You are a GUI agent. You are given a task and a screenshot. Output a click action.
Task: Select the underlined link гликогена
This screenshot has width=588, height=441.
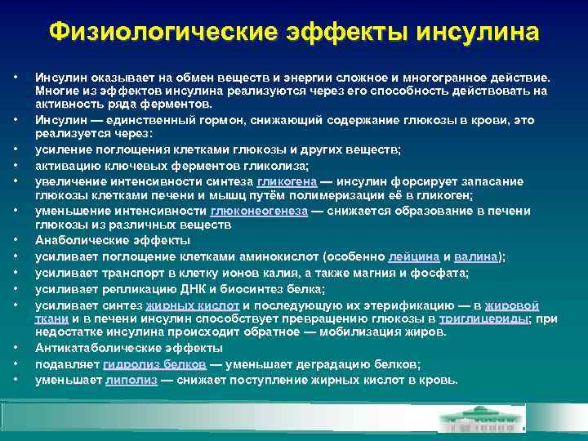pyautogui.click(x=286, y=180)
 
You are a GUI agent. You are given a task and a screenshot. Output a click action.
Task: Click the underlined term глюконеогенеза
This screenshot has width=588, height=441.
pyautogui.click(x=259, y=210)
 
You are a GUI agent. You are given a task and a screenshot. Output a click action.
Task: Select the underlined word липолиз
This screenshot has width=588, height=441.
pyautogui.click(x=131, y=380)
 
